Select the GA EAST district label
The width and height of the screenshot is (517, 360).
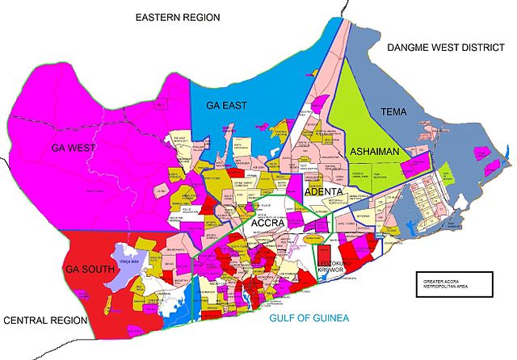tap(226, 106)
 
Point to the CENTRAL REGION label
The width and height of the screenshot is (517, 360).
tap(44, 320)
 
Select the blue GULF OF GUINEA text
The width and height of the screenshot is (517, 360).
tap(308, 319)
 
